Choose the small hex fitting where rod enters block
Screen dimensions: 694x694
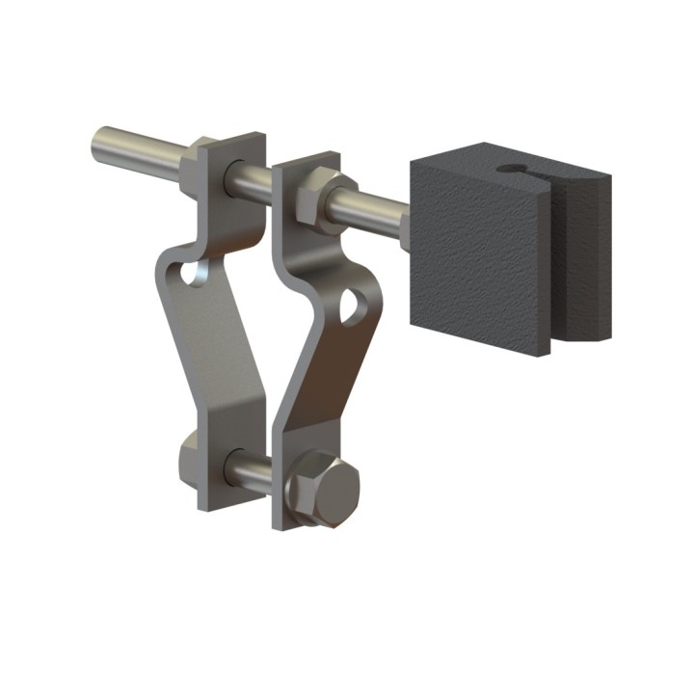click(x=406, y=232)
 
